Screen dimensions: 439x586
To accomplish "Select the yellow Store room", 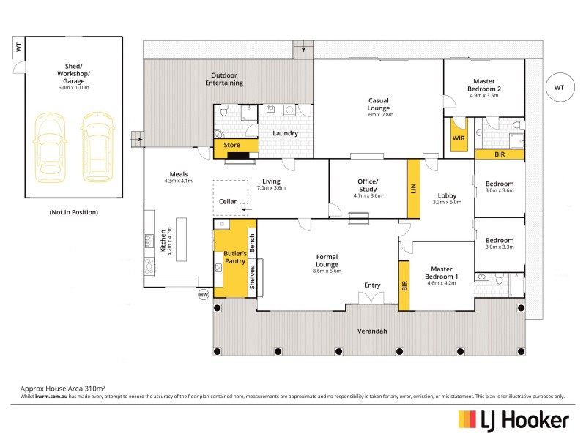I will point(231,146).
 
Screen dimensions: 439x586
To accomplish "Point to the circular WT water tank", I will point(559,88).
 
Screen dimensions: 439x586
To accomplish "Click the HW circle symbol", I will point(203,295).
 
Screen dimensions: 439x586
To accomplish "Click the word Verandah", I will point(372,331).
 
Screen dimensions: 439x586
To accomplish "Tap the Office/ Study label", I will point(367,186).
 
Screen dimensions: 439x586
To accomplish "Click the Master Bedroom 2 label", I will point(483,86).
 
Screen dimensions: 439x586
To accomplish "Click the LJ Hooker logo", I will point(513,420).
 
